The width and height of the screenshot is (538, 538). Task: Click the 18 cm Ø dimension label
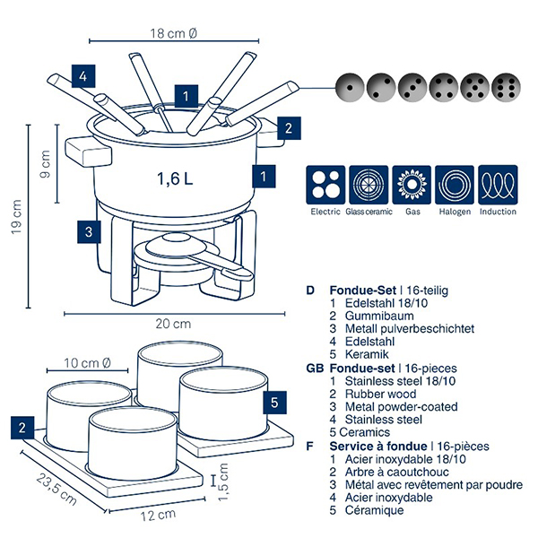click(174, 33)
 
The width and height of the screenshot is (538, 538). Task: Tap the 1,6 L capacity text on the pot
click(175, 178)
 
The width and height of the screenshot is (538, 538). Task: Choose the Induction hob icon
click(498, 186)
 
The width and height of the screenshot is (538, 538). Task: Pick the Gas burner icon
click(412, 186)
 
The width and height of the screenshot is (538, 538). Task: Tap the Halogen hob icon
click(455, 186)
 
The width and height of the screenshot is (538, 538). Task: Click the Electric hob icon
click(325, 186)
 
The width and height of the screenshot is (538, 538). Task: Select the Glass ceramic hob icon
click(368, 186)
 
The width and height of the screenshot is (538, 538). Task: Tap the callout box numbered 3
click(87, 231)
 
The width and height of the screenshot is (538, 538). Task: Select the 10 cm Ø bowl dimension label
click(88, 363)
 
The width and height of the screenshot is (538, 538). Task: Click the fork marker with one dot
click(346, 87)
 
